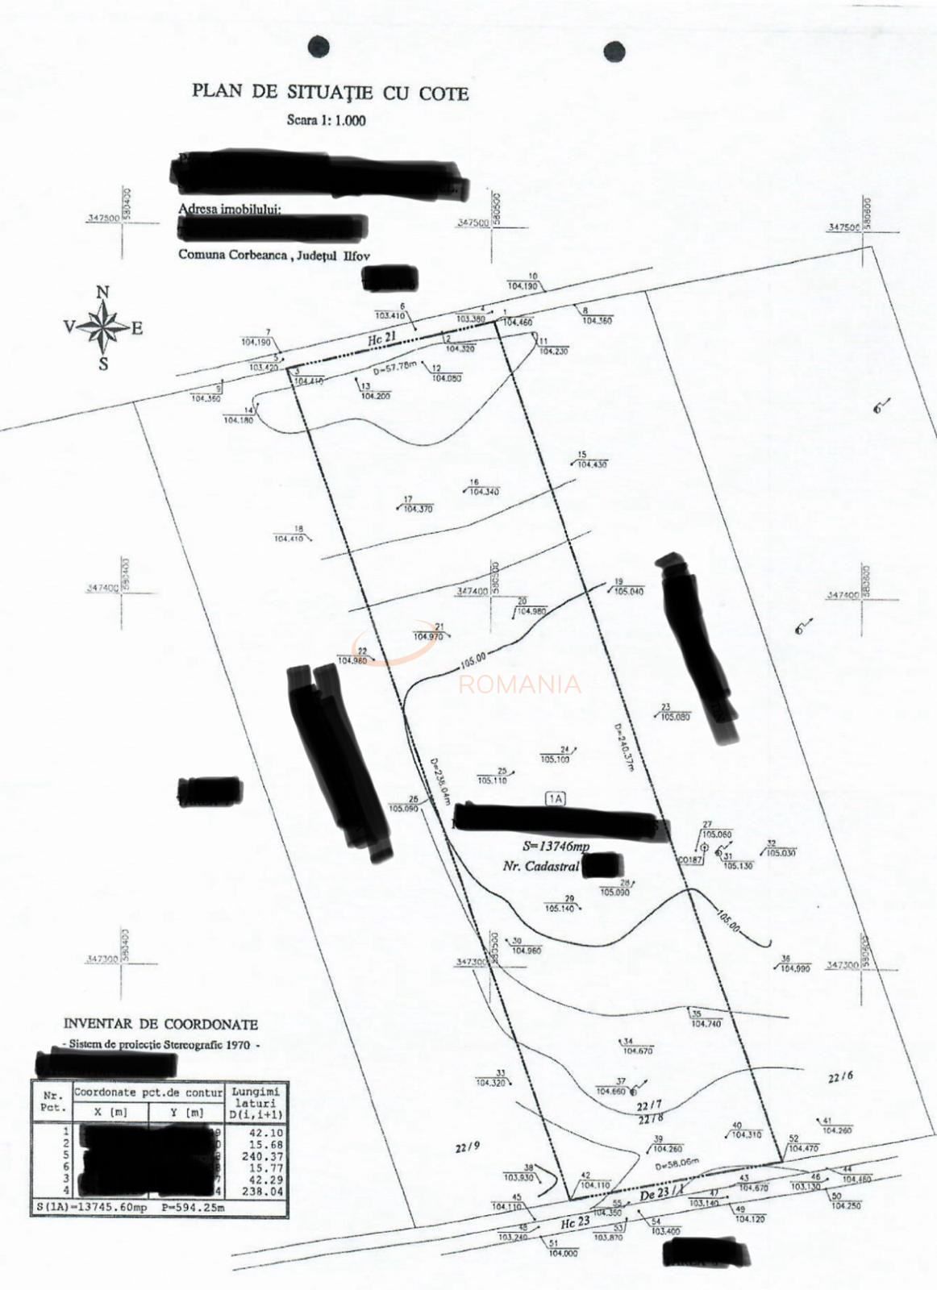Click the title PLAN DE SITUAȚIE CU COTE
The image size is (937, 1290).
(330, 92)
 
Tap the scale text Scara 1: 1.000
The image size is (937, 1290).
(326, 121)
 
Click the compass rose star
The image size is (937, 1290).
(103, 327)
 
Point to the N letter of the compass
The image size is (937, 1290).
(103, 293)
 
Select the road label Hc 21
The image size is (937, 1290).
(381, 340)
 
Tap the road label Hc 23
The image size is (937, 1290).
(575, 1222)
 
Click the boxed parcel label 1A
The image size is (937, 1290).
(556, 799)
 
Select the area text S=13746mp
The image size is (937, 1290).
(556, 847)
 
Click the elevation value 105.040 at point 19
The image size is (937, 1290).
(629, 591)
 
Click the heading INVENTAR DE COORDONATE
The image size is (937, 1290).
(160, 1025)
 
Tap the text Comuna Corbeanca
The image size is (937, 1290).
(233, 255)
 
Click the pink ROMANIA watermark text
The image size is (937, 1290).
(519, 685)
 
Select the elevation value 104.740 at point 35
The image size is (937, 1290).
(706, 1023)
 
